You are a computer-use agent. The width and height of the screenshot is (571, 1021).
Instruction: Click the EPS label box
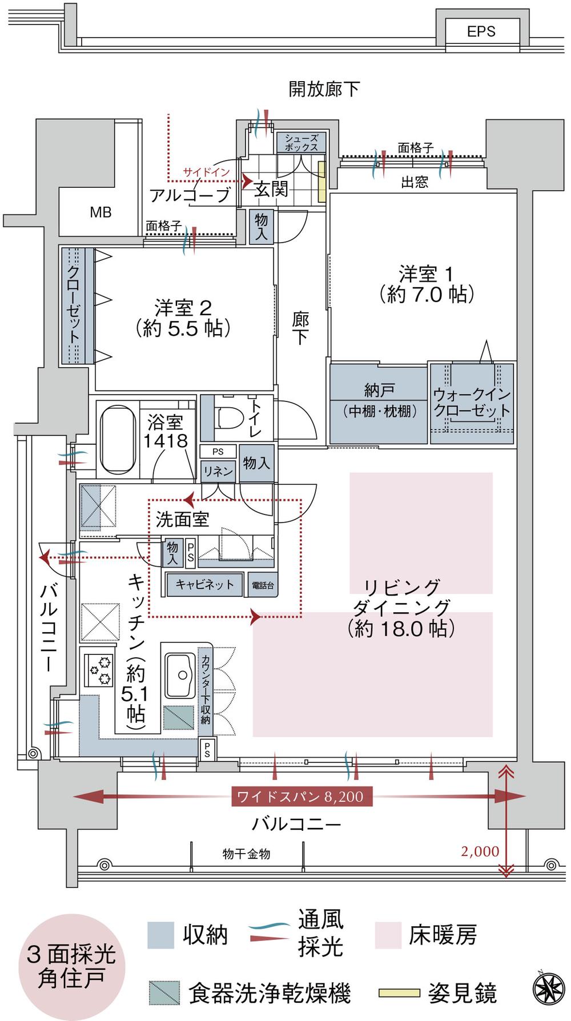(x=481, y=31)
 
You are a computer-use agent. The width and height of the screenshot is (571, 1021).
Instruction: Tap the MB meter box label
(x=100, y=212)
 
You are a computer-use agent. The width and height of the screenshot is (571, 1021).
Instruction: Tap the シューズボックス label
(x=301, y=143)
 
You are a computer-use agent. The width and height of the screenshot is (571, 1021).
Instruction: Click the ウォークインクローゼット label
(x=472, y=402)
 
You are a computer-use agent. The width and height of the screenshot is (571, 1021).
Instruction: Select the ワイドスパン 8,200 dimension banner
(x=301, y=797)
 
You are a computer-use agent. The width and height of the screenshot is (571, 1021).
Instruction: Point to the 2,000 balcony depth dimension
(x=480, y=851)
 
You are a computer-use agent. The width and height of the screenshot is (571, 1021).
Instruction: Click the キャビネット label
(x=204, y=585)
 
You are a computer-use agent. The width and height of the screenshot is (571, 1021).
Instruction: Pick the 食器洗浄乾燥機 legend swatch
(x=164, y=994)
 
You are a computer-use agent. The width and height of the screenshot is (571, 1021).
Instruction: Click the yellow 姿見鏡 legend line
(x=399, y=994)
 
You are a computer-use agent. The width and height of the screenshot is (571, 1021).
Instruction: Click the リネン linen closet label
(x=218, y=471)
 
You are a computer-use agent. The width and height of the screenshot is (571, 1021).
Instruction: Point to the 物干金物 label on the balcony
(x=246, y=854)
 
